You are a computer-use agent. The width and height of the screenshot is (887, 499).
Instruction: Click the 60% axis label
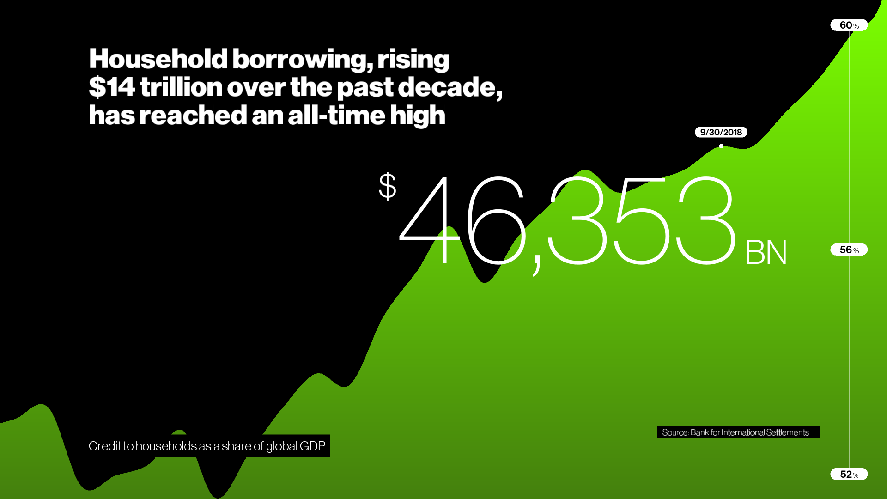tap(849, 25)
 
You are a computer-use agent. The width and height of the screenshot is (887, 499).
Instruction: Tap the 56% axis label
tap(849, 249)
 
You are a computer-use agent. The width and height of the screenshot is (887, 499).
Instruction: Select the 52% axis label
tap(849, 474)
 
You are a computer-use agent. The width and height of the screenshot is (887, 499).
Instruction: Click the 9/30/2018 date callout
tap(721, 132)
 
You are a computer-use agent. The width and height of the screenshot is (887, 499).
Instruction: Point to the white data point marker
tap(721, 146)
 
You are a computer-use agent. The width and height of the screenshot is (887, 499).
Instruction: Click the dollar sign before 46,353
tap(388, 186)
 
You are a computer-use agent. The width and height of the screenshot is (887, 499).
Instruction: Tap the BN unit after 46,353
tap(766, 252)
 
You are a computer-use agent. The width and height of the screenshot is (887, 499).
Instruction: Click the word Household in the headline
tap(158, 59)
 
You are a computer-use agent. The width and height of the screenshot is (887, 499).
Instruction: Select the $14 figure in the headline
tap(112, 87)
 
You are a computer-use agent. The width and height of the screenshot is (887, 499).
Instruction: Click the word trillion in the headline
tap(182, 87)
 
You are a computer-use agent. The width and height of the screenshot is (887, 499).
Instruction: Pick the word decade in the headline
tap(450, 87)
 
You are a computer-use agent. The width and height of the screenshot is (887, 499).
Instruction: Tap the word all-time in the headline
tap(336, 115)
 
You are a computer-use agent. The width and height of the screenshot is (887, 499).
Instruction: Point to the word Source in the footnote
tap(675, 432)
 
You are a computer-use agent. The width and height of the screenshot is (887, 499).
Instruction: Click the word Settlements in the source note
tap(787, 432)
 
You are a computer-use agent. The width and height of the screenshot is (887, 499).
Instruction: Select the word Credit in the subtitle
tap(104, 446)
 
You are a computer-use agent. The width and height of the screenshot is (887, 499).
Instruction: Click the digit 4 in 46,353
tap(430, 221)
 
